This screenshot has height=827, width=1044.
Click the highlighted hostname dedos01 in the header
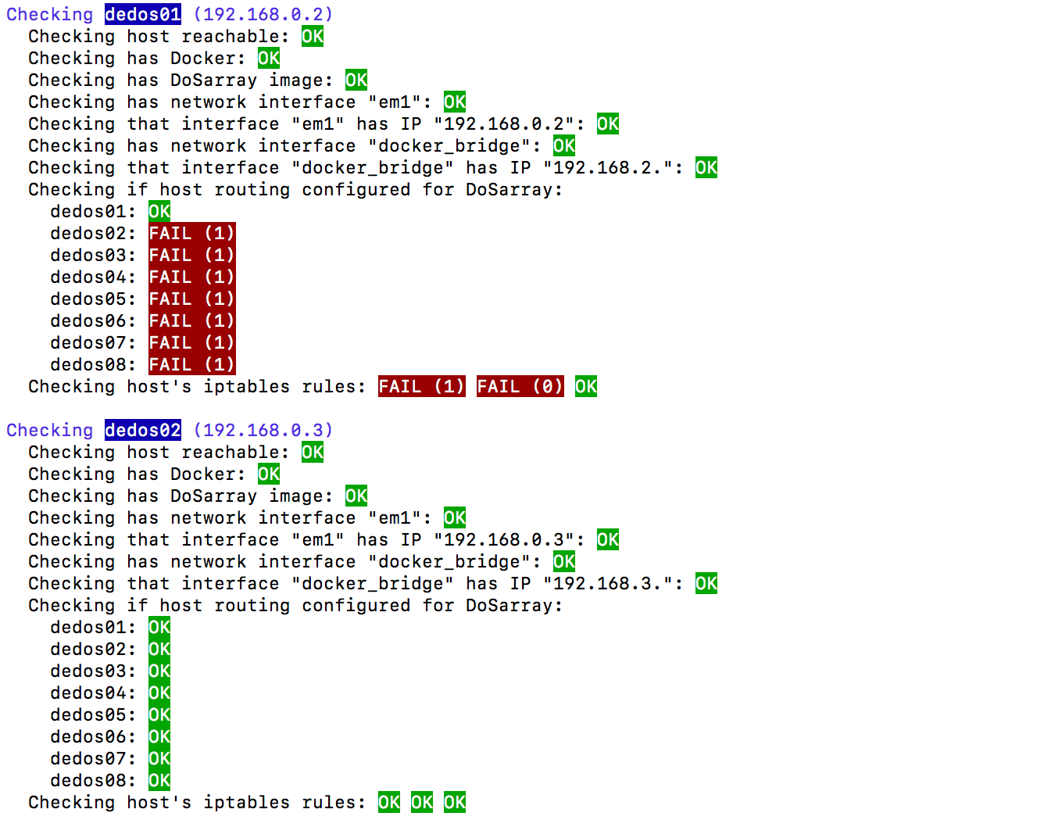(x=143, y=14)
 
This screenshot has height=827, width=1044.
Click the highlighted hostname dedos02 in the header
(x=143, y=430)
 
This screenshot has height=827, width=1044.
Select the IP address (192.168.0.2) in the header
(x=263, y=14)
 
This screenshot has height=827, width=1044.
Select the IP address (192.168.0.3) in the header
(x=263, y=430)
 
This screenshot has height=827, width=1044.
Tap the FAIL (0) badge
(x=520, y=386)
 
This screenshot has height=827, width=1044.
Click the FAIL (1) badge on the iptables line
(x=422, y=386)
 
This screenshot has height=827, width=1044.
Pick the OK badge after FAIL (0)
(x=586, y=386)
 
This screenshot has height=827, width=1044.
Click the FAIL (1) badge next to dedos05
(x=191, y=299)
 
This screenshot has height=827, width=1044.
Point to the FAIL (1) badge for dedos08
(x=191, y=364)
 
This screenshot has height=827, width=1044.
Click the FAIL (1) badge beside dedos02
(x=191, y=233)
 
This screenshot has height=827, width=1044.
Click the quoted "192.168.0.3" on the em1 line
(x=509, y=539)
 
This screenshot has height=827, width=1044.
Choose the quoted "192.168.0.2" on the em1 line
(x=509, y=124)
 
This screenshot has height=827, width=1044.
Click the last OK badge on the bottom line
(x=455, y=802)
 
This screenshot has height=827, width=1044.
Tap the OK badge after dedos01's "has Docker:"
(x=269, y=58)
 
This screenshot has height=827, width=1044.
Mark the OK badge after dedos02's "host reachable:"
(x=313, y=452)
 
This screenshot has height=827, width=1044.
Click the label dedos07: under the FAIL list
(x=93, y=342)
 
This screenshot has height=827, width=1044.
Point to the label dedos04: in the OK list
(x=93, y=693)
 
